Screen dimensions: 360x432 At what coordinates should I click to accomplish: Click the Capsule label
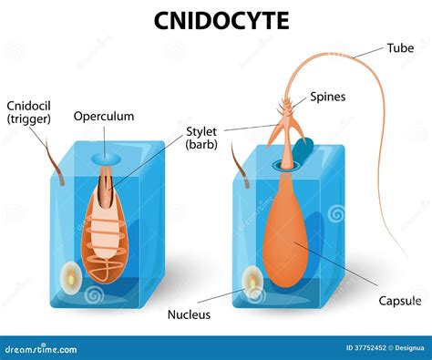click(x=401, y=301)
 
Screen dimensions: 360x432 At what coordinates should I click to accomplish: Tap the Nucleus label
click(x=189, y=314)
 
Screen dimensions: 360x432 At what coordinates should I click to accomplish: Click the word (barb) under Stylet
click(x=202, y=143)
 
